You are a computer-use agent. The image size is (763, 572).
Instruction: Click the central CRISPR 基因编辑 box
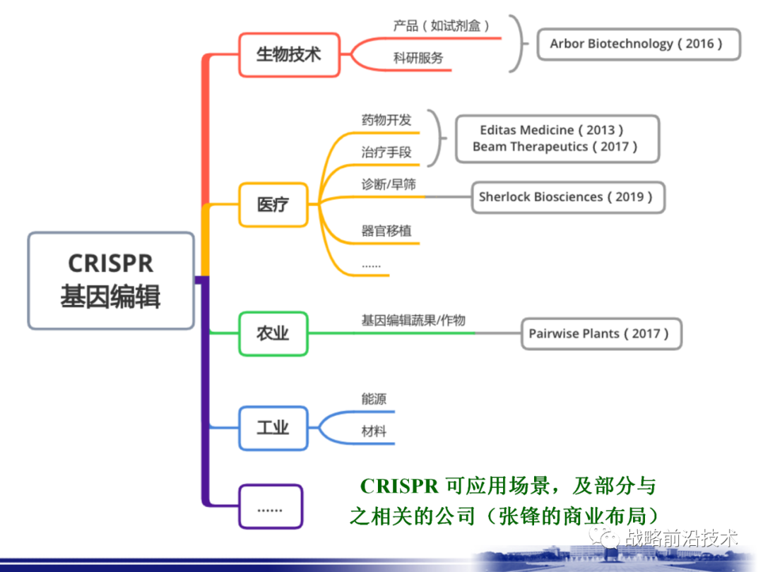click(111, 280)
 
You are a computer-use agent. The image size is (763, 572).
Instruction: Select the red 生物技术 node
click(288, 54)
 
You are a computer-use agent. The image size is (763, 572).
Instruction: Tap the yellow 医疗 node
click(273, 205)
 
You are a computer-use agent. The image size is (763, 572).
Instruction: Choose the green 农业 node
click(273, 333)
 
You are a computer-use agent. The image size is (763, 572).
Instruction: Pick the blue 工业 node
click(273, 428)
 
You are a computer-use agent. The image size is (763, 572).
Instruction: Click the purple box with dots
click(270, 507)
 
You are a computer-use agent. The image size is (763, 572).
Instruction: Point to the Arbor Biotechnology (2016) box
click(637, 44)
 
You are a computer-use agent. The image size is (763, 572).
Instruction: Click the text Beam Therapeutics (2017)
click(555, 147)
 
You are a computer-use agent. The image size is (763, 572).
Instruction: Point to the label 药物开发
click(386, 119)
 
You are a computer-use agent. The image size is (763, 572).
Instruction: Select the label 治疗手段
click(386, 152)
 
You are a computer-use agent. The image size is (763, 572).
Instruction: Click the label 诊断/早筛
click(389, 184)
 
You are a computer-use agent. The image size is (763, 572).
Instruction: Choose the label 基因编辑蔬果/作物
click(413, 321)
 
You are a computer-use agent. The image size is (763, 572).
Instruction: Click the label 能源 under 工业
click(374, 399)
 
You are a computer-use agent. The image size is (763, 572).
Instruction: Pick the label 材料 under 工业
click(374, 431)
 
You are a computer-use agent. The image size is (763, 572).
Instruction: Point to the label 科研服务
click(418, 58)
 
